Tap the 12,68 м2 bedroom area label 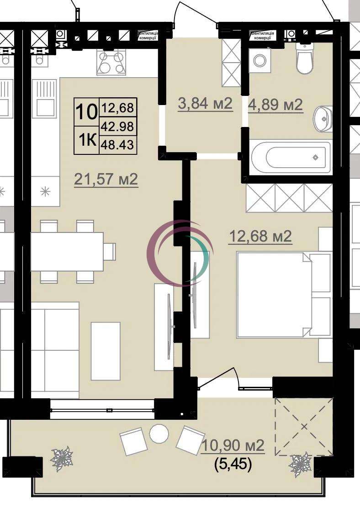tap(260, 236)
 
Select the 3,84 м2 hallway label tap(206, 104)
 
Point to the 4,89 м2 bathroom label tap(275, 105)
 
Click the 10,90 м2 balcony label tap(233, 445)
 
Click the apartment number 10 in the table tap(86, 112)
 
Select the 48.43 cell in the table tap(117, 144)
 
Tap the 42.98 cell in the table tap(117, 127)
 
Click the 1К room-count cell tap(86, 140)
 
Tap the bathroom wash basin tap(323, 118)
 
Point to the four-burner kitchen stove tap(111, 63)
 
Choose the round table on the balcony tap(159, 434)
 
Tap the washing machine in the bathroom tap(259, 60)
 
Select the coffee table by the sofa tap(106, 351)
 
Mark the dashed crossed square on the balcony tap(304, 427)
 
